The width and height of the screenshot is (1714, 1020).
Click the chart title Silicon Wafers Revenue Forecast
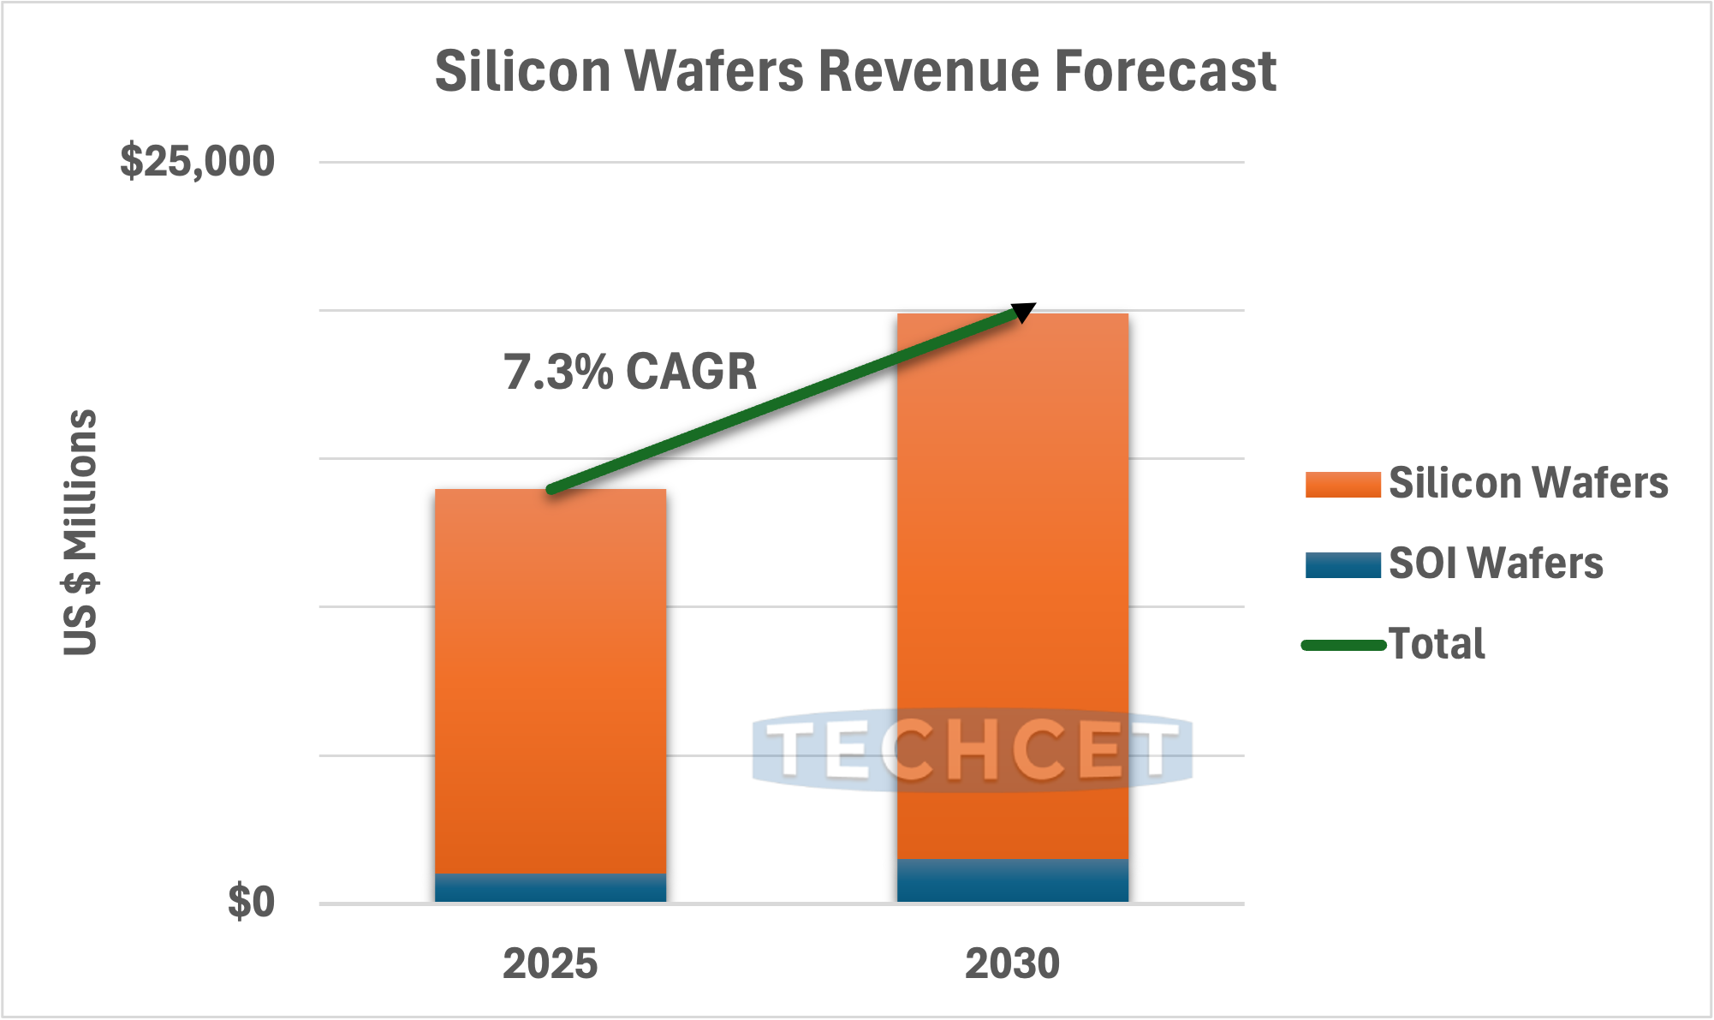(855, 71)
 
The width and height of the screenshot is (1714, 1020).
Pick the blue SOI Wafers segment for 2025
(551, 887)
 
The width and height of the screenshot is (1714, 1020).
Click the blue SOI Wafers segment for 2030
(1012, 880)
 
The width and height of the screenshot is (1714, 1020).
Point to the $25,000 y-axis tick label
(198, 161)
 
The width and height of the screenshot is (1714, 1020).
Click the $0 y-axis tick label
(251, 903)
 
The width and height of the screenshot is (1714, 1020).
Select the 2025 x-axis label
(550, 963)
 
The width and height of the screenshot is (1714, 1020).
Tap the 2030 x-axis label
(1012, 963)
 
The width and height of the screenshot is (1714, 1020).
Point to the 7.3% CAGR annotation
(630, 372)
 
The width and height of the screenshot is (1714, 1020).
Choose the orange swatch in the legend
(1342, 484)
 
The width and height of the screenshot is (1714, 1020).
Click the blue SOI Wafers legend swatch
(1342, 565)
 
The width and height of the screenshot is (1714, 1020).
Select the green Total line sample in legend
(1342, 645)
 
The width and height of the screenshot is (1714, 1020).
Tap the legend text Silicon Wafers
(1528, 483)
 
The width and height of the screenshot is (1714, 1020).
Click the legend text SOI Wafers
(1496, 564)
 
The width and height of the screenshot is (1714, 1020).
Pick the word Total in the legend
(1437, 644)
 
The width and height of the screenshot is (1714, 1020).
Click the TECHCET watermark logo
(972, 750)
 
